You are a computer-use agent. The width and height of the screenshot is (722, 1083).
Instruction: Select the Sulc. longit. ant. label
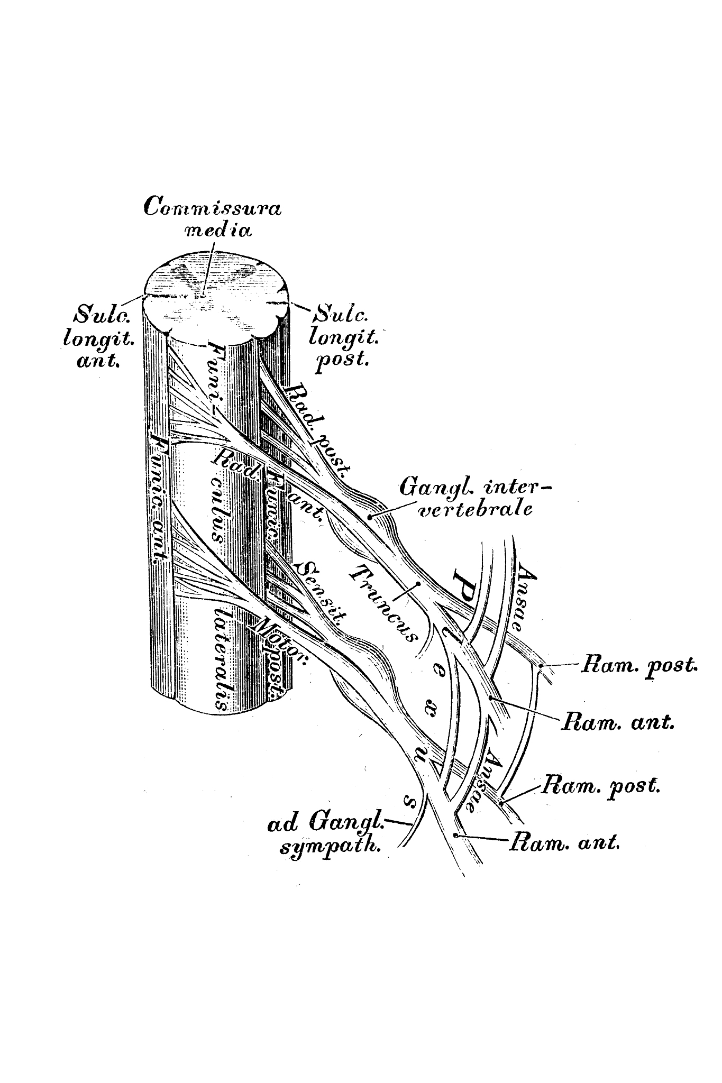tap(99, 338)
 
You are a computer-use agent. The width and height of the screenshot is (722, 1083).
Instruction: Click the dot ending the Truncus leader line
tap(418, 584)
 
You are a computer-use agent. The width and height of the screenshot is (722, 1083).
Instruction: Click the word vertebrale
tap(474, 510)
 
